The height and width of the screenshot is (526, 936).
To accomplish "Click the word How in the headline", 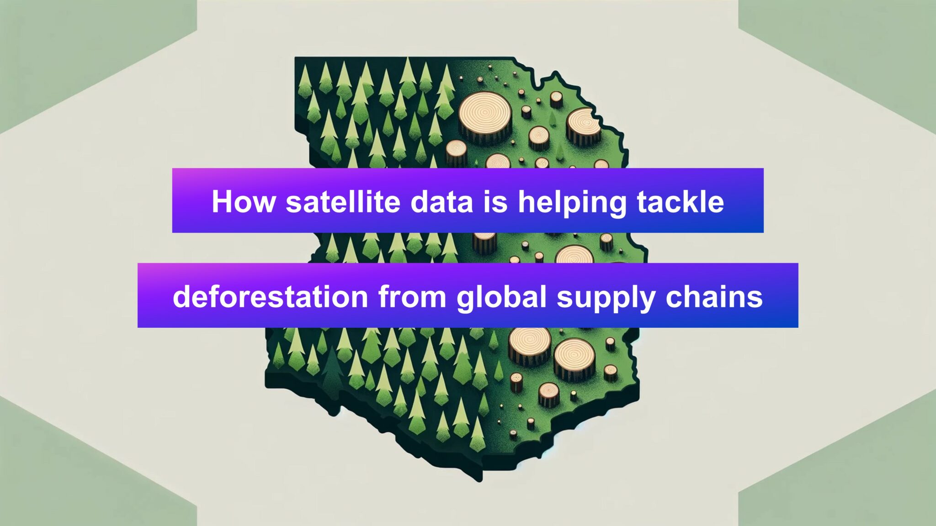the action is pos(244,201).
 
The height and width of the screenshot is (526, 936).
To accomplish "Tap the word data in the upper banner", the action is pos(441,201).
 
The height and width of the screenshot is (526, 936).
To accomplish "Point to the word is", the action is pos(495,201).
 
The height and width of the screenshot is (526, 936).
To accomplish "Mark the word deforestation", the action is pos(271,296).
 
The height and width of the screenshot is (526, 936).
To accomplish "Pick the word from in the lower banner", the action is pos(412,296).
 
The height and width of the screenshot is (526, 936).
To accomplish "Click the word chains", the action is pos(714,296).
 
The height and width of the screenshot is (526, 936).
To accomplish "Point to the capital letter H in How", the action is pos(222,201).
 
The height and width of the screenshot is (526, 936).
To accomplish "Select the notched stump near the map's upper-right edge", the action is pos(584,127).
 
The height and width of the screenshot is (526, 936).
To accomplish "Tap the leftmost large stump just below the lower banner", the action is pos(530,346).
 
